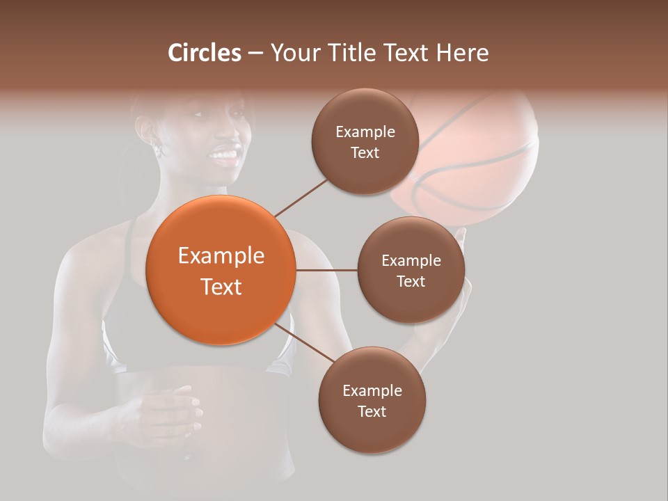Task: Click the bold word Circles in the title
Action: [205, 53]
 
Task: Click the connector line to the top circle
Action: [301, 197]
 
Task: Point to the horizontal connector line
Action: [326, 269]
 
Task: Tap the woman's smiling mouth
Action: [225, 154]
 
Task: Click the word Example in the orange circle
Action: [221, 256]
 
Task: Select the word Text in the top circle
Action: [365, 153]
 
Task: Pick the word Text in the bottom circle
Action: [372, 411]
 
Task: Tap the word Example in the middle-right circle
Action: [411, 260]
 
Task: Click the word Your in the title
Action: [294, 53]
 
